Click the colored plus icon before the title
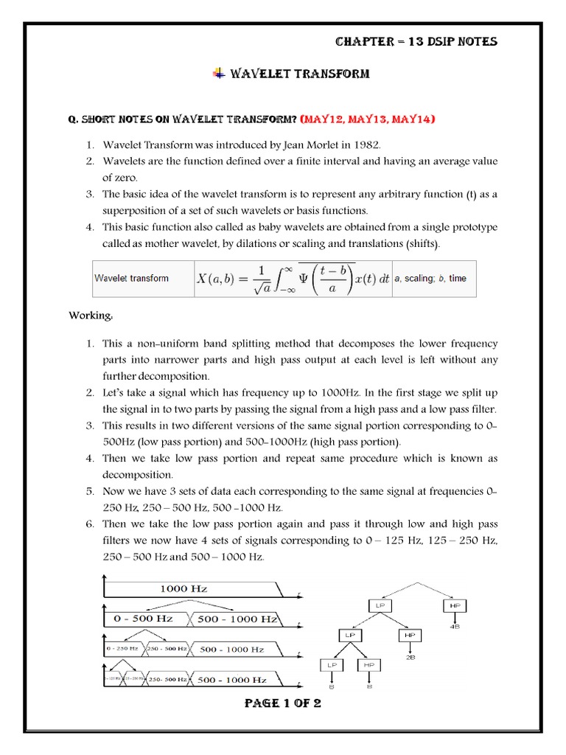(220, 73)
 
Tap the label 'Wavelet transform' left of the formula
(131, 279)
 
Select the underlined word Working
(91, 316)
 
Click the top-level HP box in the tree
(453, 605)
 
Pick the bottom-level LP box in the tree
(329, 665)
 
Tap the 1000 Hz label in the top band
(184, 588)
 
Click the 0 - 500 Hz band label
(144, 619)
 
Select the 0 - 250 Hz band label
(122, 649)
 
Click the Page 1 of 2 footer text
(282, 703)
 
